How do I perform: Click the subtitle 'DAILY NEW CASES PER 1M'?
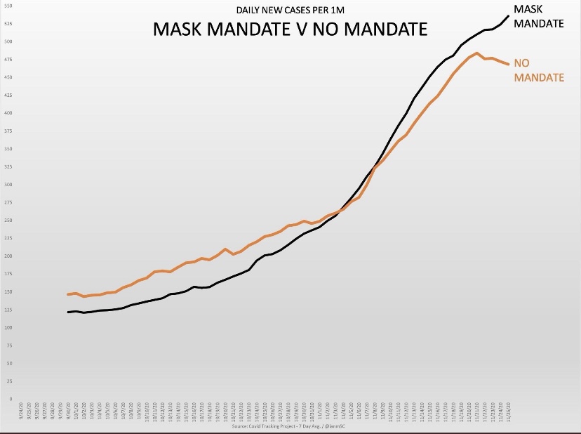290,11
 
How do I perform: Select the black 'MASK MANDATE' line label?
538,16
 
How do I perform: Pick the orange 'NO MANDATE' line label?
539,70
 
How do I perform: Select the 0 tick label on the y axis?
10,399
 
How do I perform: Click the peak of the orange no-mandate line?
477,53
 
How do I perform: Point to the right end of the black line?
508,15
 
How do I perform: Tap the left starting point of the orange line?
68,294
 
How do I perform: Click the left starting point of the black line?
68,312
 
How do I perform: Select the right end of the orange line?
508,65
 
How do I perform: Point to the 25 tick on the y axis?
9,381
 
